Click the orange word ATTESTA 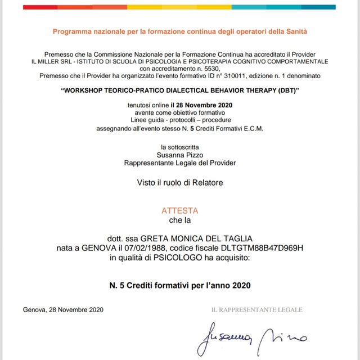(x=179, y=211)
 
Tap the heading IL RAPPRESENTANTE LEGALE (x=256, y=310)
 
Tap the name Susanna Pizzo (x=179, y=155)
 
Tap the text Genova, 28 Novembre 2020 (x=64, y=310)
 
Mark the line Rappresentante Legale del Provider (x=179, y=163)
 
